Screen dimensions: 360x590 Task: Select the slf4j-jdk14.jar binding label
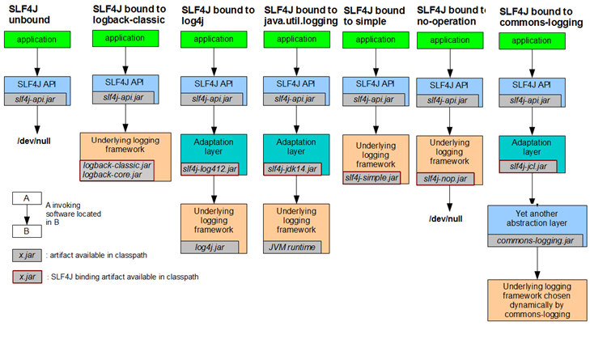click(292, 168)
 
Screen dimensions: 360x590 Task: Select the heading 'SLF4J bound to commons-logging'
click(540, 17)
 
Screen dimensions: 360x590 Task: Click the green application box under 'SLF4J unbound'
click(37, 38)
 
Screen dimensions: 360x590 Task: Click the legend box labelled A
click(28, 197)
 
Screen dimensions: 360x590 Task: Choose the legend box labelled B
click(28, 229)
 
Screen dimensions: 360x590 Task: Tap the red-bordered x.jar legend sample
click(28, 276)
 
